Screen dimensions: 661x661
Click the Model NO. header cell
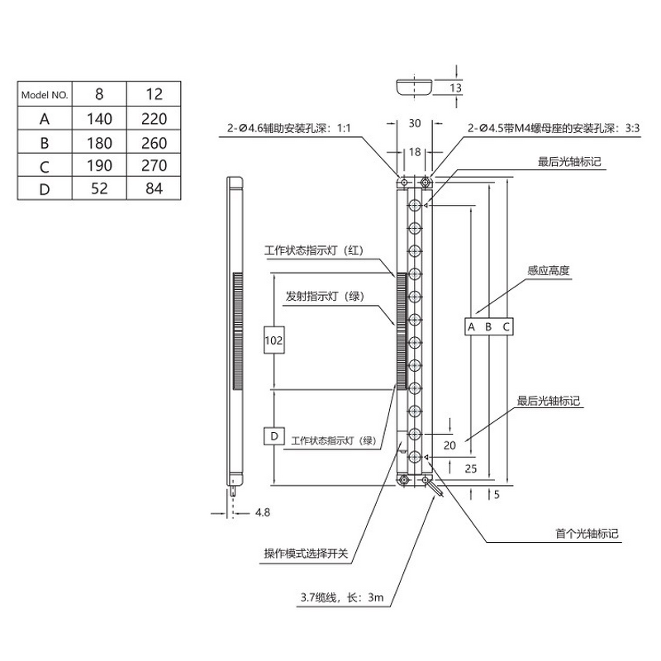point(46,95)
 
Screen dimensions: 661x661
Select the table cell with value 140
point(100,119)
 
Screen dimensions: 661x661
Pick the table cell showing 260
point(155,142)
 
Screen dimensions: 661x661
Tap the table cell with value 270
point(155,165)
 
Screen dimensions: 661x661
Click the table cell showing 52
point(100,188)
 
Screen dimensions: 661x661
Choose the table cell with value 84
point(155,188)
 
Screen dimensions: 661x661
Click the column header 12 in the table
point(155,95)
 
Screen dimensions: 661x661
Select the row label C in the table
point(46,165)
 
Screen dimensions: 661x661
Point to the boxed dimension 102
point(273,340)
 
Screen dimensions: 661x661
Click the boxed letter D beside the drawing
point(273,435)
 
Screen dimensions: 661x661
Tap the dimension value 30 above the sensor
point(415,123)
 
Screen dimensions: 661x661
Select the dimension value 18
point(415,152)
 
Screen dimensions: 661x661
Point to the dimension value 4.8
point(263,512)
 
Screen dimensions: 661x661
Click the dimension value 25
point(472,469)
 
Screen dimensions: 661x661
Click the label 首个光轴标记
point(587,534)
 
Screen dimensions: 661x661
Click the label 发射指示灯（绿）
point(326,295)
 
